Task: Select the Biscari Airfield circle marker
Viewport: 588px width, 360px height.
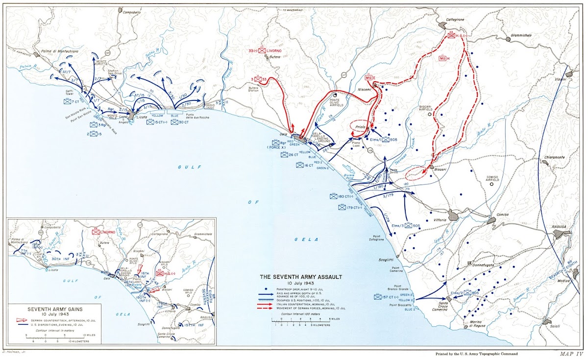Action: pos(430,114)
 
